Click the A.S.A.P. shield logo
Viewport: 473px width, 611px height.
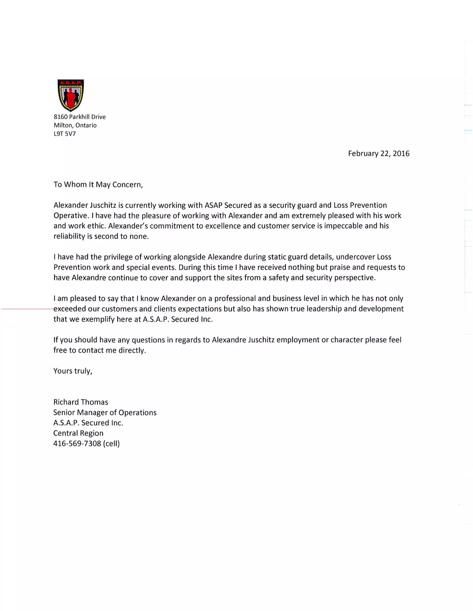click(71, 95)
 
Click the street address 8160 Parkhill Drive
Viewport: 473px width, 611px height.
click(80, 117)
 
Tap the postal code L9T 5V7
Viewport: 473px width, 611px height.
click(65, 134)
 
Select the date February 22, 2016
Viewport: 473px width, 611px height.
click(379, 154)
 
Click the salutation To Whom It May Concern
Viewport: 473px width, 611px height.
click(98, 185)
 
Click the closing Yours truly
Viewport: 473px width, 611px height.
click(73, 371)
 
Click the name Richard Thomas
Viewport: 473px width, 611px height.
click(81, 402)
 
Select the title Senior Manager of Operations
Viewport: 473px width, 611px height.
click(105, 413)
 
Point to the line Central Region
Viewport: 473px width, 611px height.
click(78, 433)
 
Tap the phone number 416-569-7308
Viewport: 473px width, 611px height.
click(77, 444)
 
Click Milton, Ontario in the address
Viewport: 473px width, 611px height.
click(75, 125)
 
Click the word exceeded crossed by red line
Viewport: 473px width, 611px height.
click(70, 309)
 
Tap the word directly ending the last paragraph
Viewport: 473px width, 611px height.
click(132, 350)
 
